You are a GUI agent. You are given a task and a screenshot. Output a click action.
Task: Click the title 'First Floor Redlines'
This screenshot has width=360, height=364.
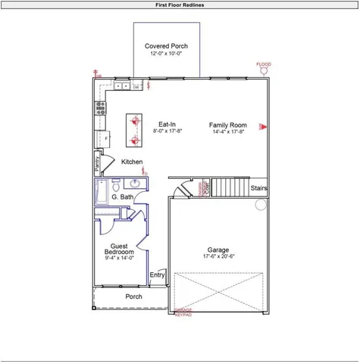(180, 5)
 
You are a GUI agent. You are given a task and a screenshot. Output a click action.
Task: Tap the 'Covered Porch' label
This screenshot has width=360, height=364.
(166, 46)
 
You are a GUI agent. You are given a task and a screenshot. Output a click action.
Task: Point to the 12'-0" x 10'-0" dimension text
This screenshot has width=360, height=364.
(166, 55)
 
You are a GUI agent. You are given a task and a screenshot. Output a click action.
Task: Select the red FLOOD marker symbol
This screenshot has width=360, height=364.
(264, 72)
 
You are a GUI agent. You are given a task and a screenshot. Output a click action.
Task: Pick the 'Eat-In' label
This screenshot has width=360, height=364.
(167, 124)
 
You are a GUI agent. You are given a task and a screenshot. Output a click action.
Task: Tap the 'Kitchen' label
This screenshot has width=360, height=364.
(132, 162)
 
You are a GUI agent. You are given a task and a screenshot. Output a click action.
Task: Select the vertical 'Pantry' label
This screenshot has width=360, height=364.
(98, 162)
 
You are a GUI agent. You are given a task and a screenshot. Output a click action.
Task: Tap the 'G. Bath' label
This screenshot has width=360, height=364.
(122, 197)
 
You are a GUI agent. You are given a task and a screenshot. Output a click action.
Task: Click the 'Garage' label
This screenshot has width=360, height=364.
(218, 249)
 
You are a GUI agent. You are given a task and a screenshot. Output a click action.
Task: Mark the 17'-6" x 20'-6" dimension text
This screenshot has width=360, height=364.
(218, 257)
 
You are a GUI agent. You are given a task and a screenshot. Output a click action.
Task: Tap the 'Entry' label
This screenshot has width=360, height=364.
(157, 275)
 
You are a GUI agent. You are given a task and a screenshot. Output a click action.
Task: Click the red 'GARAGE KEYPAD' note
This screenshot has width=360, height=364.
(183, 312)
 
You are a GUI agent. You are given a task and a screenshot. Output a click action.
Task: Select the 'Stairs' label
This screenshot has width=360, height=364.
(258, 187)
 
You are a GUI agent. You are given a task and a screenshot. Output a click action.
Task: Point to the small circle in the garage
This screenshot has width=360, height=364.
(260, 205)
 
